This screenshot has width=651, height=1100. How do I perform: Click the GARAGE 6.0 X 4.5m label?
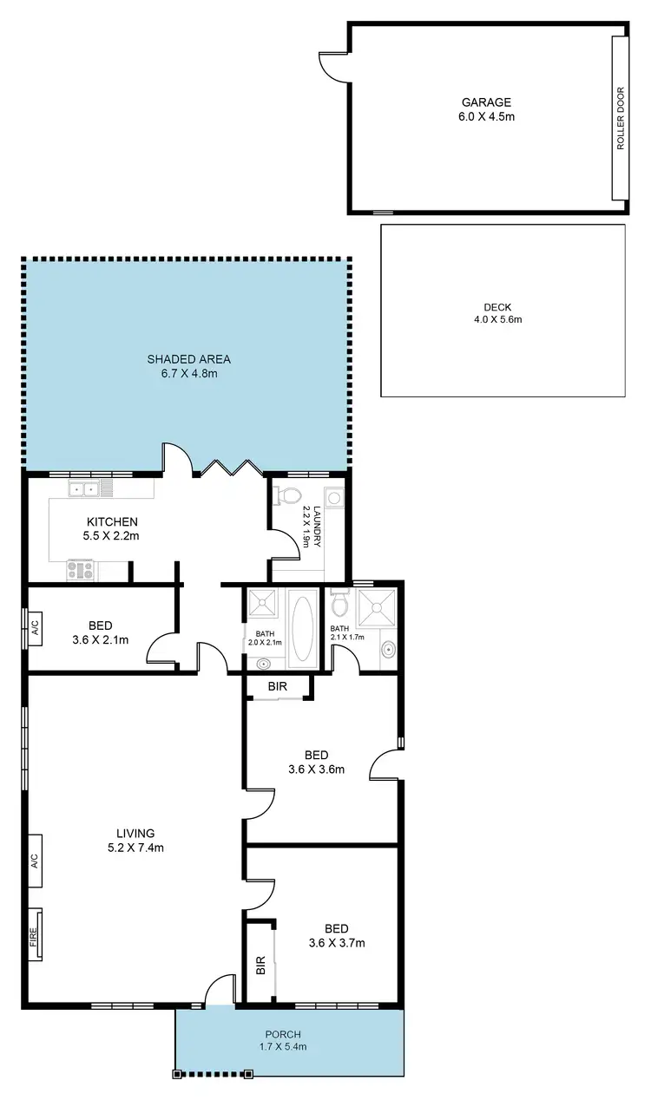[x=485, y=108]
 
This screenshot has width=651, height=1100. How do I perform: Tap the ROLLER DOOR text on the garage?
[x=620, y=117]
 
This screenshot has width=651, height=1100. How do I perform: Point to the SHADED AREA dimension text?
[x=188, y=374]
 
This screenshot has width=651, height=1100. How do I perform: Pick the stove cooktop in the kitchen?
[x=82, y=570]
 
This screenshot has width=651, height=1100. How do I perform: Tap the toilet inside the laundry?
[x=286, y=495]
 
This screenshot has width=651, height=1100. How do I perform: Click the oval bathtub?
[x=304, y=626]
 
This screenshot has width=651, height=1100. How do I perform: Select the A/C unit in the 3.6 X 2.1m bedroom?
[x=35, y=625]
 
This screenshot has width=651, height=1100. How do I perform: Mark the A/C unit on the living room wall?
[x=35, y=861]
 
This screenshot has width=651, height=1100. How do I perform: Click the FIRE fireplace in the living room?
[x=35, y=935]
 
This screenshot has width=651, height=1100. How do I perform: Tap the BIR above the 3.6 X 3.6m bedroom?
[x=277, y=687]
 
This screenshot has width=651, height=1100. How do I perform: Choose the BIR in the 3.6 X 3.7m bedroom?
[x=260, y=966]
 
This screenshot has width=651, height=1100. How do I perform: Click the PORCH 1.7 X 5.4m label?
[x=284, y=1040]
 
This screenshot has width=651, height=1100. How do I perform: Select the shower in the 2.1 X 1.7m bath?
[x=376, y=608]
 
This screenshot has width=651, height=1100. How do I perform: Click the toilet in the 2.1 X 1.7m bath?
[x=339, y=600]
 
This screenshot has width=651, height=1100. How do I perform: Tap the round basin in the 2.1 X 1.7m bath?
[x=388, y=647]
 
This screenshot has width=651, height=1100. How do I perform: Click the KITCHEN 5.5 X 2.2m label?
[x=113, y=528]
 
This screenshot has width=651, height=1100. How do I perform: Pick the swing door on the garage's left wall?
[x=330, y=64]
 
